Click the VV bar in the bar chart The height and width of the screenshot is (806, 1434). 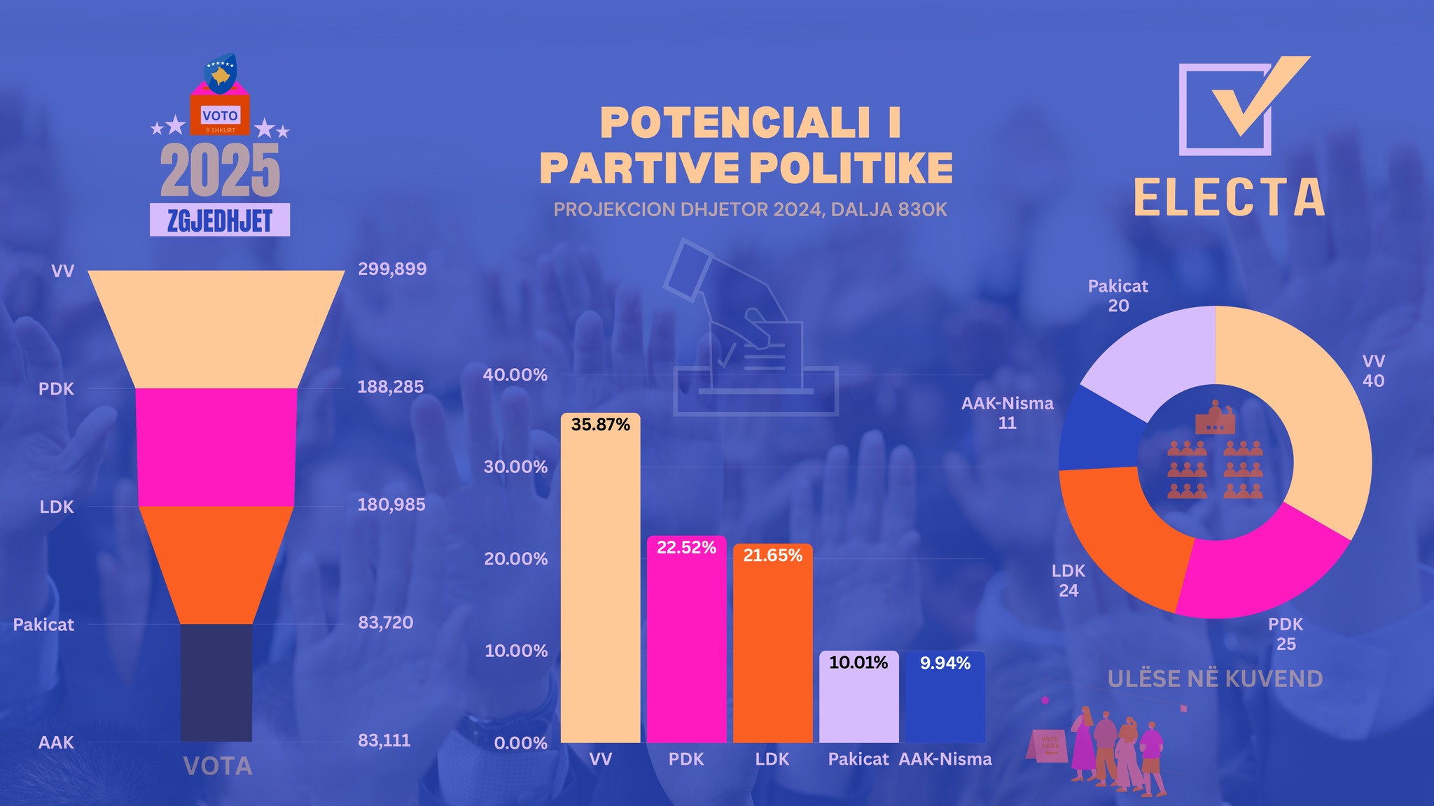(600, 581)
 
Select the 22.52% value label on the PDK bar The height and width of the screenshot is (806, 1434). (686, 548)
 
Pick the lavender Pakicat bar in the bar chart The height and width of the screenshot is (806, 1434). (858, 703)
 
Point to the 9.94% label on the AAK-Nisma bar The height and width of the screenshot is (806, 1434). (945, 663)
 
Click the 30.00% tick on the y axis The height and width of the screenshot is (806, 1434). (515, 467)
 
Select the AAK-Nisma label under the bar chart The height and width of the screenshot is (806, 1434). (945, 759)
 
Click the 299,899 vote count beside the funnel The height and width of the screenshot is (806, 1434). (392, 269)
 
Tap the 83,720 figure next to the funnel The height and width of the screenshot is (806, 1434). (386, 623)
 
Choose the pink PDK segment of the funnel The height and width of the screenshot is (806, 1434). (216, 447)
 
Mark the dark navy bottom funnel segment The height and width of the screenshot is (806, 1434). (216, 682)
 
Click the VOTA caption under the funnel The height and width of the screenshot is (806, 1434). (218, 767)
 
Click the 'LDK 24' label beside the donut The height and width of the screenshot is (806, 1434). (1068, 581)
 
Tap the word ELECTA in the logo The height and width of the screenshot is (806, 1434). (1230, 197)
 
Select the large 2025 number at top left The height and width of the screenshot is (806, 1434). (220, 171)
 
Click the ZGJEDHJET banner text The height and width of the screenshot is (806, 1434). (220, 220)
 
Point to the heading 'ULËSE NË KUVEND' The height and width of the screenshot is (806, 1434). (1215, 679)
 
